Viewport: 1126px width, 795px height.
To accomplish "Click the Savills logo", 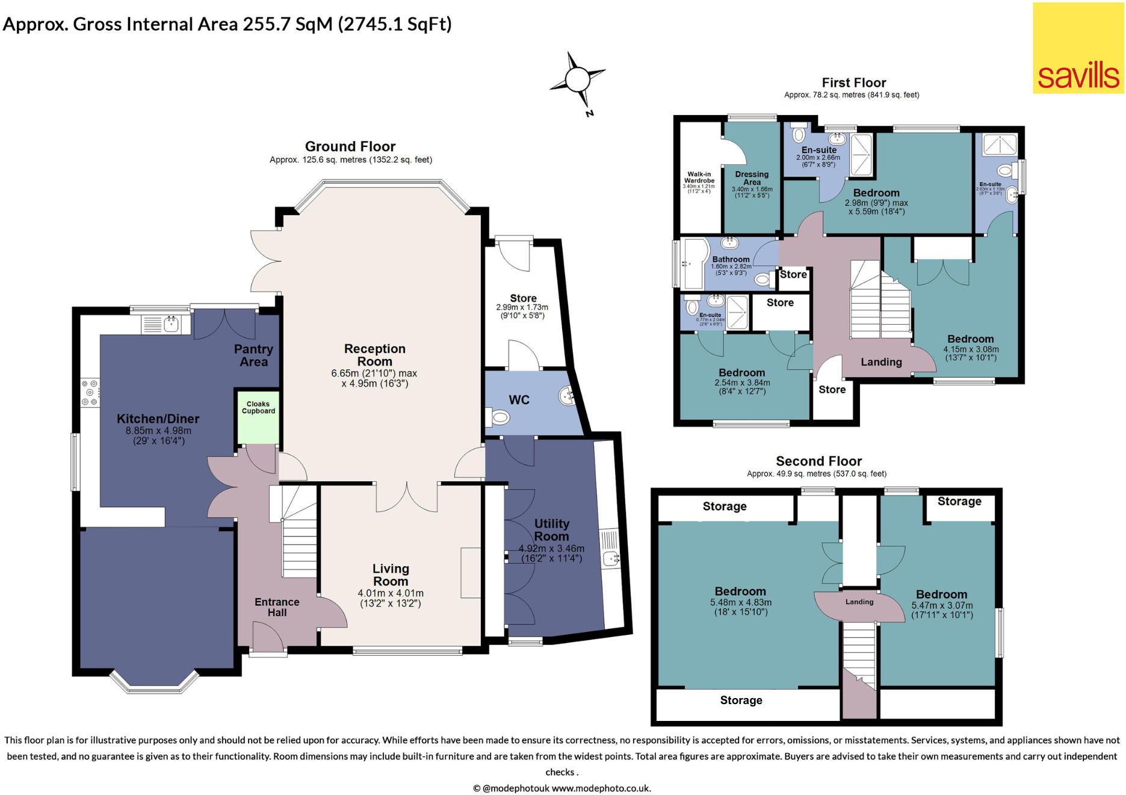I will (x=1078, y=48).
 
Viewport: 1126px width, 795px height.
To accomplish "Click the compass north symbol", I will (x=578, y=79).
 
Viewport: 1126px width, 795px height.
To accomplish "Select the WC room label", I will (x=519, y=400).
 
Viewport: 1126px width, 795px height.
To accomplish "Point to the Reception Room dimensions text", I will (x=374, y=378).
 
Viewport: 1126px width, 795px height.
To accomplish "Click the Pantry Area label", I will (x=253, y=355).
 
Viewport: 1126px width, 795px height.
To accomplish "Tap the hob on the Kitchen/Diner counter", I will (x=90, y=392).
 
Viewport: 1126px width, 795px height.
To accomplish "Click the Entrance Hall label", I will (x=277, y=606).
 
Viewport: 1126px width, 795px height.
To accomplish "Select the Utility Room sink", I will (x=611, y=558).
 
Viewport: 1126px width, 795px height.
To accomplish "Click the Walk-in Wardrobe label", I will (x=699, y=178).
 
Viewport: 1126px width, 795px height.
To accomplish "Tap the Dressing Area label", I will (x=752, y=178).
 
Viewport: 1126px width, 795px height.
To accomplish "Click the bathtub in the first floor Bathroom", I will (x=695, y=264).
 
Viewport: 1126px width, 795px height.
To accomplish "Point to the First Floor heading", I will (x=853, y=83).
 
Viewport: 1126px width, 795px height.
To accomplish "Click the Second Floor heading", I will (x=818, y=461).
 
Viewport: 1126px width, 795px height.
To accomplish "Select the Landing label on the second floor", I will (x=859, y=602).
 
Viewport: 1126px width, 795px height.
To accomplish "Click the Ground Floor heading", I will (x=350, y=146).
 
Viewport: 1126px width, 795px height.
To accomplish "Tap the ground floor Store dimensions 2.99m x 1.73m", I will (x=522, y=311).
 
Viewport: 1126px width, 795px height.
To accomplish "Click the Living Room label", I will (x=391, y=575).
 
